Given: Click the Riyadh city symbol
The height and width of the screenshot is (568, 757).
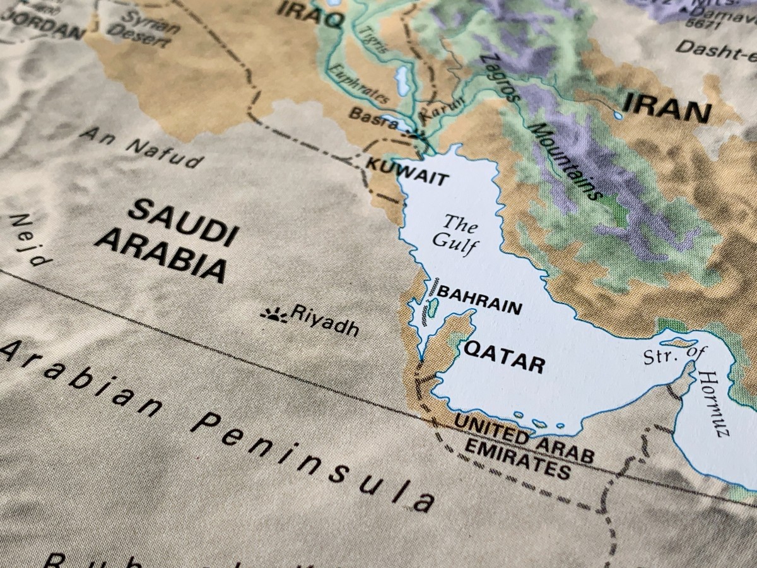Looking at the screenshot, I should (273, 314).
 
